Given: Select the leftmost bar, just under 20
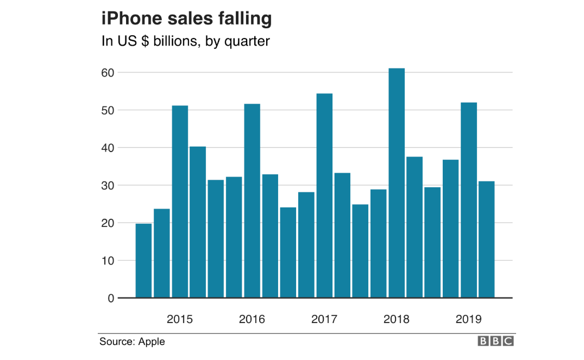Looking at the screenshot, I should [143, 261].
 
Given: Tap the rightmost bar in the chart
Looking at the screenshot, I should [486, 239].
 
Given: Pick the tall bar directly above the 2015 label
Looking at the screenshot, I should [180, 201].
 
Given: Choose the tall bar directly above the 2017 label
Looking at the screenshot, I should [324, 195].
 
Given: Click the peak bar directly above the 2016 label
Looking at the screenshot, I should [252, 201].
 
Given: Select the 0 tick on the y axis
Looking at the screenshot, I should [111, 298].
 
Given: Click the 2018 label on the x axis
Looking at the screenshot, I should [396, 319].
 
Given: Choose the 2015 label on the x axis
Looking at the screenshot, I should [180, 319].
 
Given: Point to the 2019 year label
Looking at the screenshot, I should [468, 319].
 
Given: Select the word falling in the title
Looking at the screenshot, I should [242, 19].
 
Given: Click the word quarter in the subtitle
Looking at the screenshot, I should [247, 41].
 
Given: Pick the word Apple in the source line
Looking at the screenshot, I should [152, 342].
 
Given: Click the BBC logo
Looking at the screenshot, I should [495, 342].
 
